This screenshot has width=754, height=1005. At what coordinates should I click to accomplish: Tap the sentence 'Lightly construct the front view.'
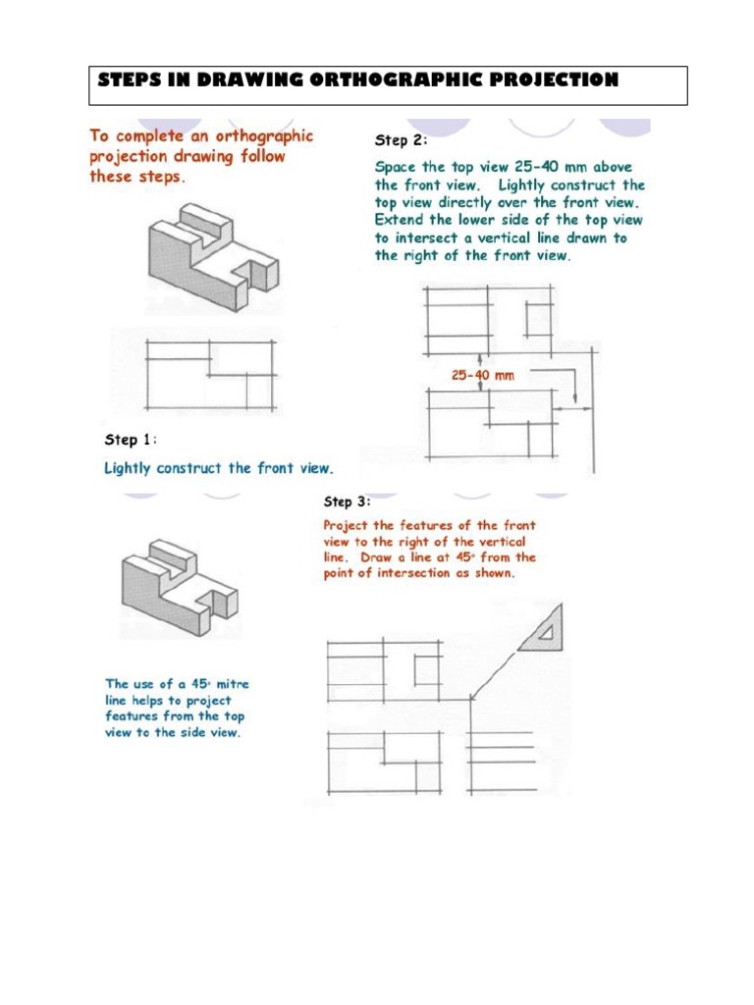coord(219,468)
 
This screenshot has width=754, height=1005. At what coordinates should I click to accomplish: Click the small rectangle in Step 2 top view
coord(539,320)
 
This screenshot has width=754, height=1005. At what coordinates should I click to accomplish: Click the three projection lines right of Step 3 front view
coord(502,749)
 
